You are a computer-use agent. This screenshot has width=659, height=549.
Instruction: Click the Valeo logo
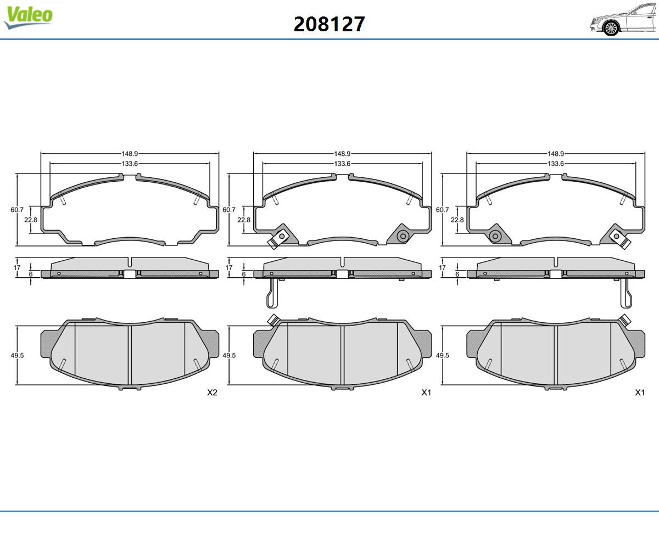[x=28, y=18]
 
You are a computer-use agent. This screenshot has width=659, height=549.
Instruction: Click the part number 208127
[x=329, y=24]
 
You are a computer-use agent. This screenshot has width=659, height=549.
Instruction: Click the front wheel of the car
[x=611, y=29]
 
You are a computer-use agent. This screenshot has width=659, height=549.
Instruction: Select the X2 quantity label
[x=212, y=393]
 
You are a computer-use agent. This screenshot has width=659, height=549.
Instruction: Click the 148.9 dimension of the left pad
[x=130, y=154]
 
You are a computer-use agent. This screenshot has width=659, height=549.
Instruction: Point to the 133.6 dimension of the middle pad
[x=343, y=164]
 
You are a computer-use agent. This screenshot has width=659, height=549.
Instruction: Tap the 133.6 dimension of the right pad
[x=556, y=164]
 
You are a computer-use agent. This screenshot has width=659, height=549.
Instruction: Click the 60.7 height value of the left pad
[x=17, y=210]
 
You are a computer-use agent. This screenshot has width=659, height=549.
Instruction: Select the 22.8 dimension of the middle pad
[x=244, y=220]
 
